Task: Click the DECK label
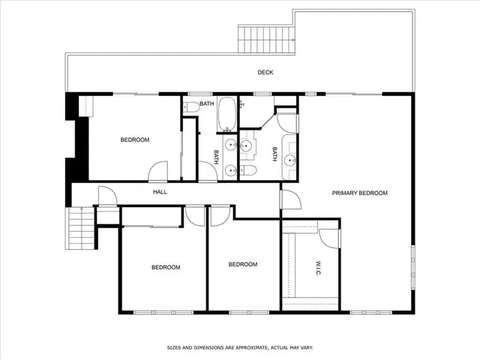pyautogui.click(x=265, y=73)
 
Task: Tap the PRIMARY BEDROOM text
pyautogui.click(x=359, y=193)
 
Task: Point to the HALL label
pyautogui.click(x=160, y=192)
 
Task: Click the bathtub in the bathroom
pyautogui.click(x=227, y=114)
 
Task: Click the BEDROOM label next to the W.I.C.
pyautogui.click(x=242, y=264)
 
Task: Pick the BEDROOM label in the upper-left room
pyautogui.click(x=135, y=140)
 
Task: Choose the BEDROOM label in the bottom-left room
pyautogui.click(x=166, y=267)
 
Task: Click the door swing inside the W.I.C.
pyautogui.click(x=328, y=235)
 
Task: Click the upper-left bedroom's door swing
pyautogui.click(x=158, y=172)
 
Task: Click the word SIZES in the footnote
pyautogui.click(x=174, y=347)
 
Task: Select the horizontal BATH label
pyautogui.click(x=207, y=103)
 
